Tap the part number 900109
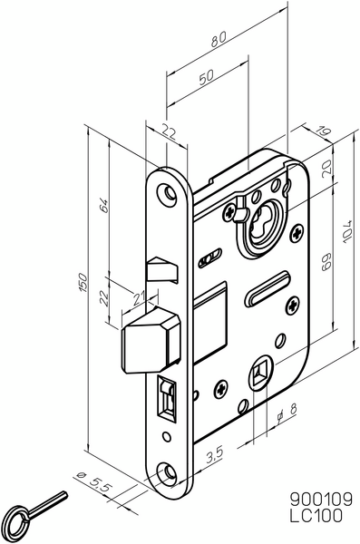tap(319, 498)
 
